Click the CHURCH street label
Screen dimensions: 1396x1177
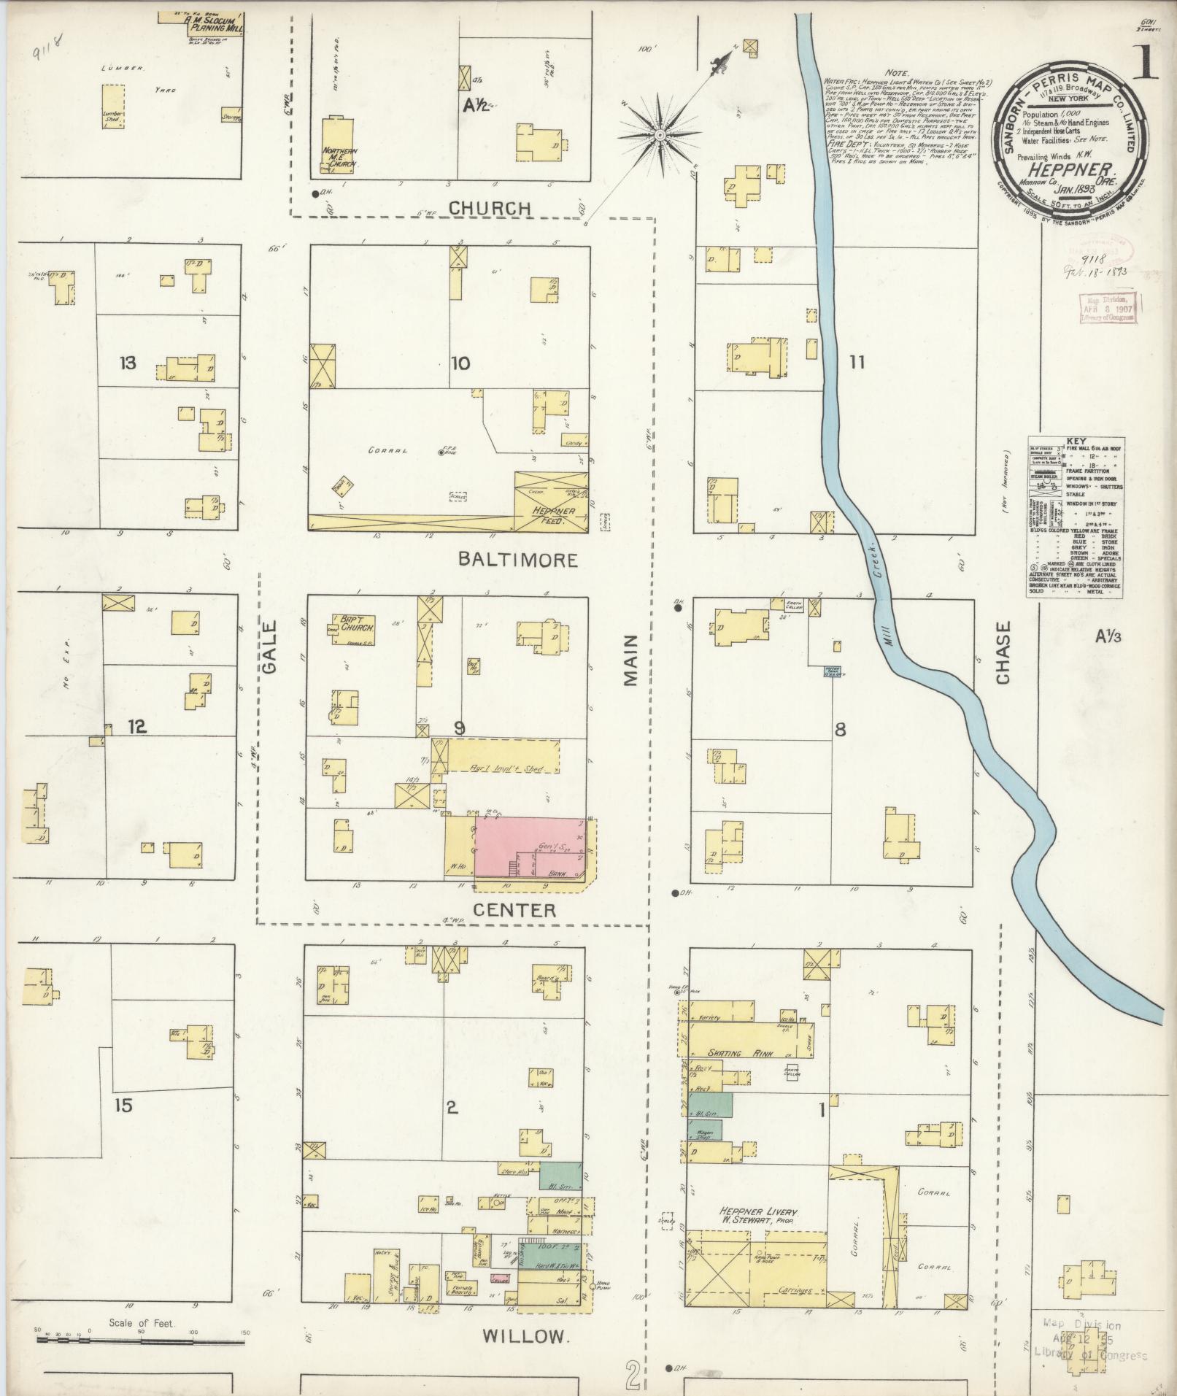coord(489,208)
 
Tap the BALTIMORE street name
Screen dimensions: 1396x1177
coord(517,560)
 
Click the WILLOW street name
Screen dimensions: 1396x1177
coord(525,1336)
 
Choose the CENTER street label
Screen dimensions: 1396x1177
coord(514,910)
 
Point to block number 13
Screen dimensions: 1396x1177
coord(128,363)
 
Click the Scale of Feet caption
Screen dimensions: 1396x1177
coord(142,1322)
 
